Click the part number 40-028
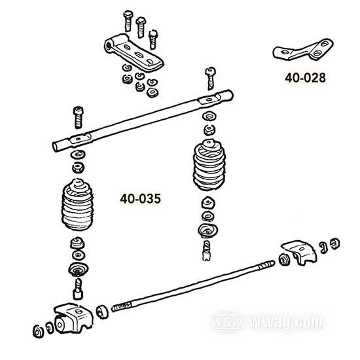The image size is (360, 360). click(x=305, y=78)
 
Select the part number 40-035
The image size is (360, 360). click(x=141, y=198)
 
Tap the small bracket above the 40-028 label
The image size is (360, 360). click(x=303, y=49)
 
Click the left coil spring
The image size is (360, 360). click(x=78, y=204)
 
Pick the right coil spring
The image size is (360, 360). click(x=209, y=165)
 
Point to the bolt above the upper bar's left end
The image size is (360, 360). click(x=79, y=117)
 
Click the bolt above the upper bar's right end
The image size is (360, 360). click(x=210, y=79)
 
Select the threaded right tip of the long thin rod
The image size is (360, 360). click(x=266, y=265)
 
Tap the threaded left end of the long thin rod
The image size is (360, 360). click(x=121, y=307)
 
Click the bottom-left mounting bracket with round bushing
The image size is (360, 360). click(x=73, y=318)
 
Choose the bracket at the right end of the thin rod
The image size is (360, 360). click(x=298, y=252)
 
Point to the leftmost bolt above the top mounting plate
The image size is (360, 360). click(x=128, y=21)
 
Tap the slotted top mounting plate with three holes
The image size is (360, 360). click(x=134, y=52)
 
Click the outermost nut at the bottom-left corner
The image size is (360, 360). click(x=38, y=332)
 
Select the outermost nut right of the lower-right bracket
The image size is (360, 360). click(x=334, y=243)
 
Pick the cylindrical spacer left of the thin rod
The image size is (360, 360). click(x=102, y=312)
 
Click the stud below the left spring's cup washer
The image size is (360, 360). click(x=78, y=289)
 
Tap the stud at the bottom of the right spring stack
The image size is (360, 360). click(x=207, y=251)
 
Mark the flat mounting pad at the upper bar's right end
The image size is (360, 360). click(x=209, y=100)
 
